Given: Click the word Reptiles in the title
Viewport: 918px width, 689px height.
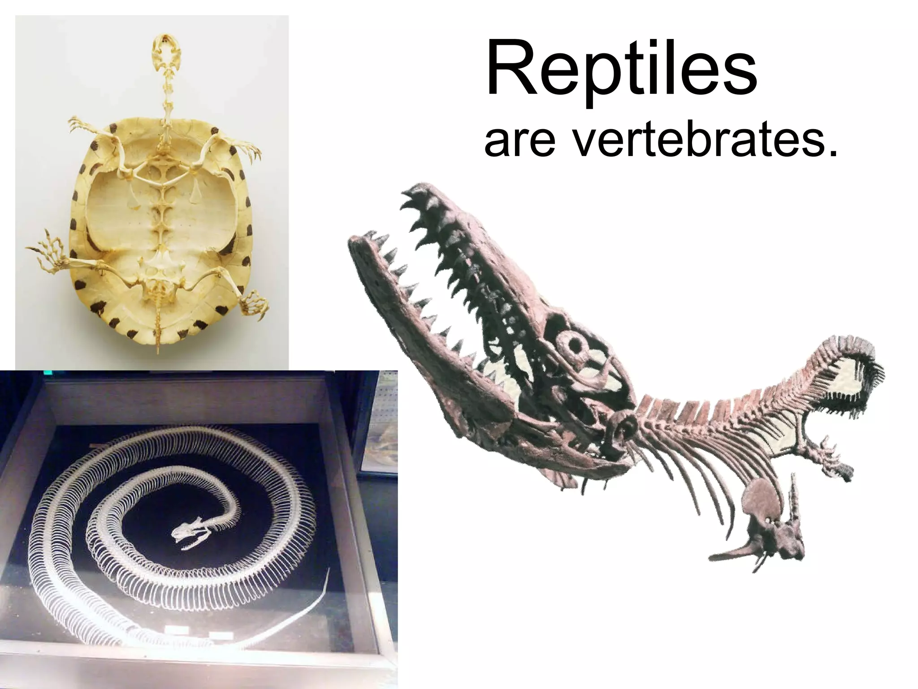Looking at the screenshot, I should (621, 72).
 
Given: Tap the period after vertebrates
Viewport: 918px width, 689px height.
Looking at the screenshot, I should (833, 153).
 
